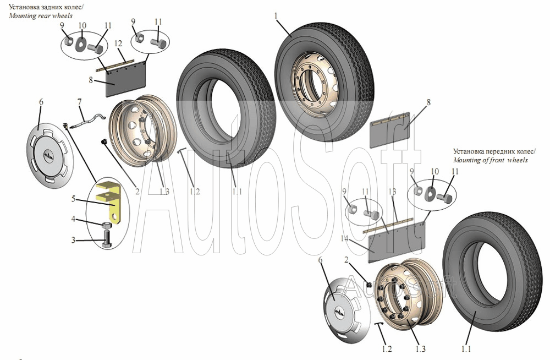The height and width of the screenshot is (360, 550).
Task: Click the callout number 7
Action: (80, 101)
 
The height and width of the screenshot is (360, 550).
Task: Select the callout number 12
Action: (118, 43)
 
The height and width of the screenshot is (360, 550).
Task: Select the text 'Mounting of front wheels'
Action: (490, 160)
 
